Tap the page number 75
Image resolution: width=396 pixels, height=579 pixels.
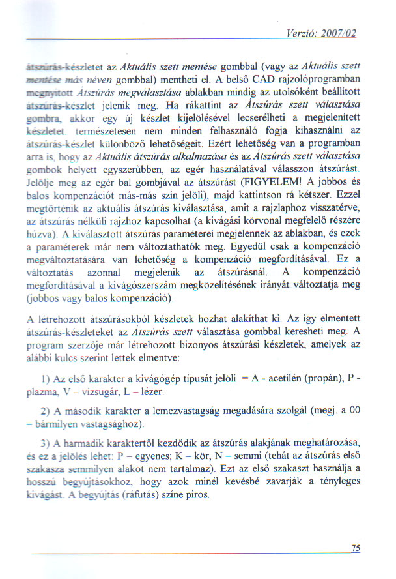(x=355, y=548)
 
